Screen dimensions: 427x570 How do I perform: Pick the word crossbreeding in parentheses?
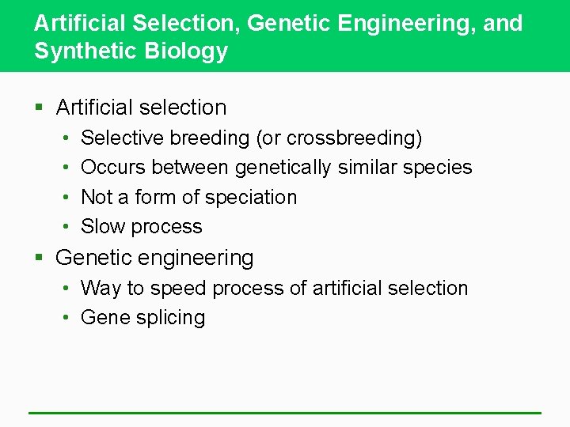click(x=353, y=138)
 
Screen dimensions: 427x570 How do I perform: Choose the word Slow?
click(x=103, y=226)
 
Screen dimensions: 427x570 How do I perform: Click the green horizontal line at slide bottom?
click(x=285, y=413)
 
